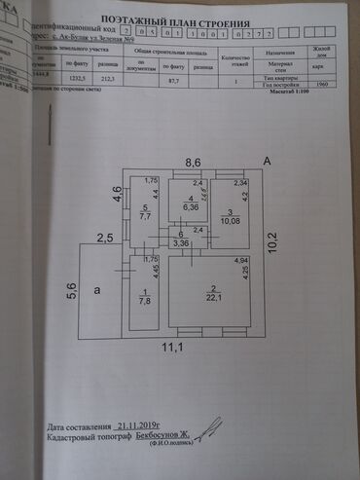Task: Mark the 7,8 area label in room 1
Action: pyautogui.click(x=146, y=302)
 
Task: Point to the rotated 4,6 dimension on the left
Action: pyautogui.click(x=116, y=193)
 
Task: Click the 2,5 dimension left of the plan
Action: pyautogui.click(x=105, y=237)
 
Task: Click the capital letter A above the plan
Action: pyautogui.click(x=266, y=160)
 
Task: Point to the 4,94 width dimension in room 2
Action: pyautogui.click(x=242, y=261)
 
